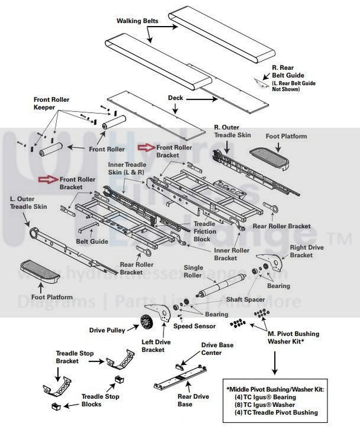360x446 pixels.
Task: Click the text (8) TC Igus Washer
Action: (274, 404)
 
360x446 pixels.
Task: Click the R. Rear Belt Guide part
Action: (261, 82)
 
